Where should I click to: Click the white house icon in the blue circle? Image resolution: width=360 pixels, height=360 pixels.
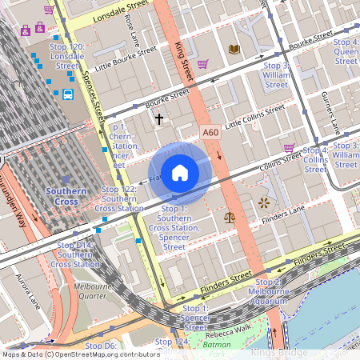pos(180,171)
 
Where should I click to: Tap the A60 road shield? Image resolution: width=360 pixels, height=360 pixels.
pos(210,133)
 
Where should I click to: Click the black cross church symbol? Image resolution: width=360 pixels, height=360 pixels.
pos(158,118)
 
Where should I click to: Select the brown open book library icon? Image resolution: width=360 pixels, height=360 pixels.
pos(234,50)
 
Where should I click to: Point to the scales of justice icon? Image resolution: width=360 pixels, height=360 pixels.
pos(230,216)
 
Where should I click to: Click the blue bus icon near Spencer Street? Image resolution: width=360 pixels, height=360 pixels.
pos(68,95)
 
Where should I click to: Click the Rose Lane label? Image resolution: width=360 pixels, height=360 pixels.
pos(132,30)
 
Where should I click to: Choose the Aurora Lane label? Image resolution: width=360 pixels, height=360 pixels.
pos(26,289)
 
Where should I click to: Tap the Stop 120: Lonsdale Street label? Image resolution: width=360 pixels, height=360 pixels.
pos(67,53)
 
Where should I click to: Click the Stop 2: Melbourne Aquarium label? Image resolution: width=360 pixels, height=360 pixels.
pos(279,287)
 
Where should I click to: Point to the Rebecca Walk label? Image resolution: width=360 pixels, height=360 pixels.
pos(228,334)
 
